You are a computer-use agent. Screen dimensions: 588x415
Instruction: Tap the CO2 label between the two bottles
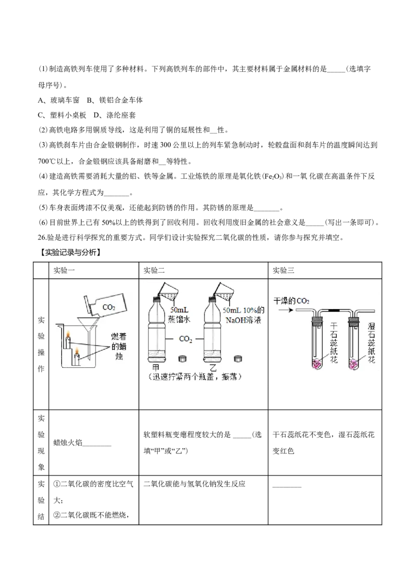click(x=185, y=339)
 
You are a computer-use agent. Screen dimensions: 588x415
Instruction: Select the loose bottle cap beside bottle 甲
click(x=182, y=358)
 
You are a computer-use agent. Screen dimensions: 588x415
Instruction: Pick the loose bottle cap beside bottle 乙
click(x=238, y=358)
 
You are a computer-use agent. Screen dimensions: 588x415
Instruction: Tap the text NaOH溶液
click(x=243, y=319)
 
